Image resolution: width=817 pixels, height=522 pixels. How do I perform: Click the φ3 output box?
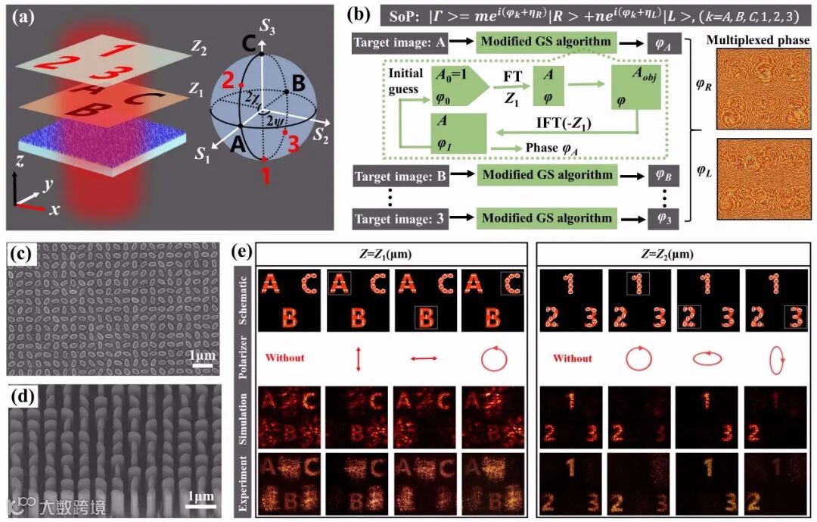tap(663, 219)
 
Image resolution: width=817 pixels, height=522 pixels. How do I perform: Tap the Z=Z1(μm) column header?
tap(391, 253)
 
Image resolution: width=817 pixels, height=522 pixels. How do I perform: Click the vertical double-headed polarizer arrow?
tap(360, 358)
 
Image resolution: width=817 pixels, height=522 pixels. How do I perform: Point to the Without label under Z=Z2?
tap(573, 358)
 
